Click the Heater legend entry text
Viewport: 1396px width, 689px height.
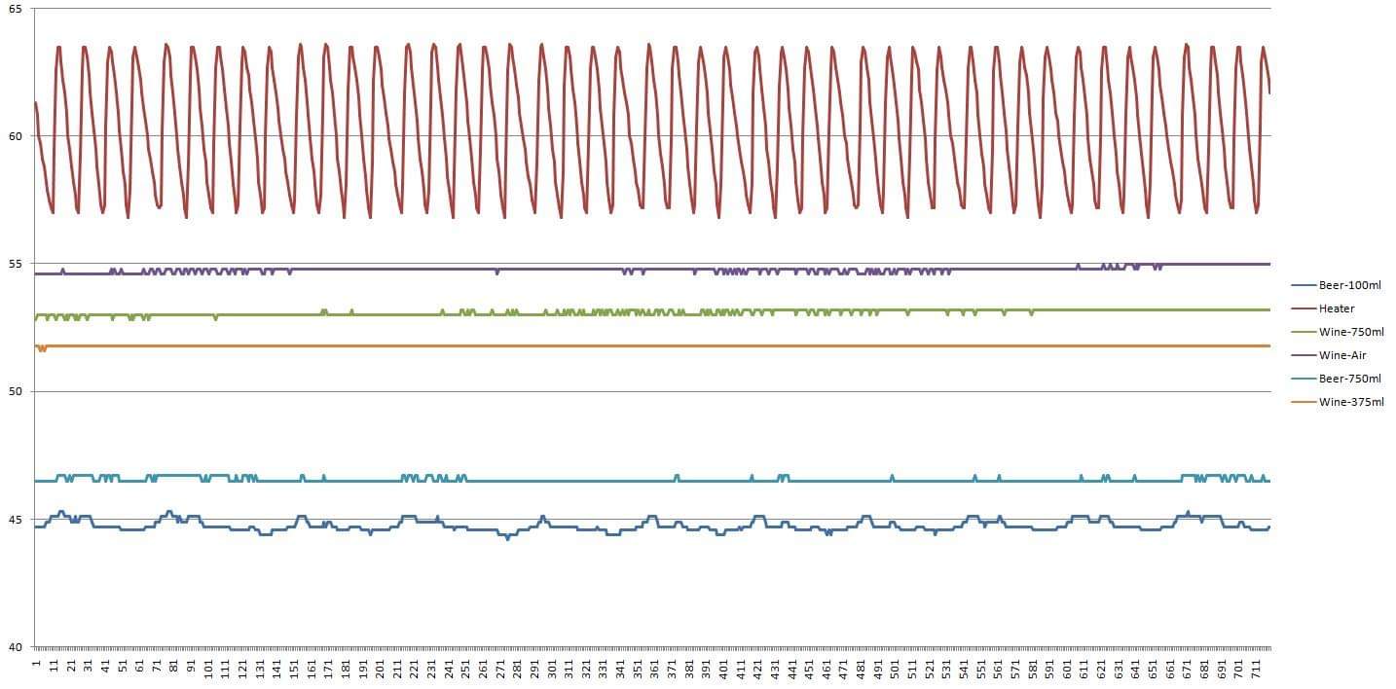point(1337,308)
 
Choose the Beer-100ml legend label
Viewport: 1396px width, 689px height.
point(1349,285)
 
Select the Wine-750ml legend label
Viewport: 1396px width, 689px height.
point(1351,332)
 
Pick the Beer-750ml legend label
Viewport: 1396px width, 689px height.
point(1349,379)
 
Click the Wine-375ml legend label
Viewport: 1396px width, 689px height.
point(1351,402)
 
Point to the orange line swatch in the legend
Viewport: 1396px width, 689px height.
point(1304,402)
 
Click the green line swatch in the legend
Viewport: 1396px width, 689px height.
point(1304,332)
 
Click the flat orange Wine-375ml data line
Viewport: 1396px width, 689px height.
point(681,345)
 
